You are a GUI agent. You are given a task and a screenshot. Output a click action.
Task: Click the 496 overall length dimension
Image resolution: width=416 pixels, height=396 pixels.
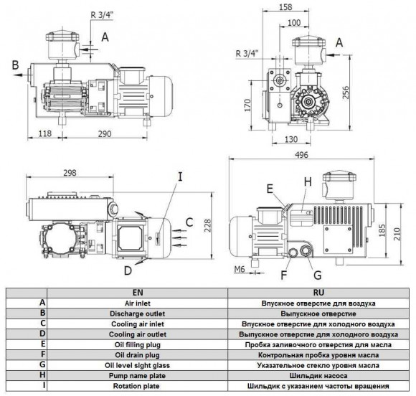tap(302, 155)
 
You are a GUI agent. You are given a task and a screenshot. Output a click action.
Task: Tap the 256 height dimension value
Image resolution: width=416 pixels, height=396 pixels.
tap(346, 92)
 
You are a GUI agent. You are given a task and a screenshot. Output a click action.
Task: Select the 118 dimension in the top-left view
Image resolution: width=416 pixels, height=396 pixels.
tap(45, 133)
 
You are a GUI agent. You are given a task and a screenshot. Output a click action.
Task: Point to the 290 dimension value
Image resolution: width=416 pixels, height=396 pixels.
tap(105, 133)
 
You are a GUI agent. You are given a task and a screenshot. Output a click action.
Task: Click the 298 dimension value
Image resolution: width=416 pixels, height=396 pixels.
tap(70, 173)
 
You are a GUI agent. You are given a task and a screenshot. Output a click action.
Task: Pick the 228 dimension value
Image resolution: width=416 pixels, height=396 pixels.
tap(207, 225)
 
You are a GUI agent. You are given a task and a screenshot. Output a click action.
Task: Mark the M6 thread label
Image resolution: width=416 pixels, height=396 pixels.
tap(240, 269)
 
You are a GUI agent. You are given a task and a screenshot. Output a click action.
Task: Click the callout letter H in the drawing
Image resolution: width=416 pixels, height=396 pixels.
tap(308, 182)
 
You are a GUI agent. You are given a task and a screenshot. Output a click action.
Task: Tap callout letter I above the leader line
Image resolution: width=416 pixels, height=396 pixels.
tap(181, 176)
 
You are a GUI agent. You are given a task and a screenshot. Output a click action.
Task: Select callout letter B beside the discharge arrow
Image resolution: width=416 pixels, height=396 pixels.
tap(16, 65)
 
